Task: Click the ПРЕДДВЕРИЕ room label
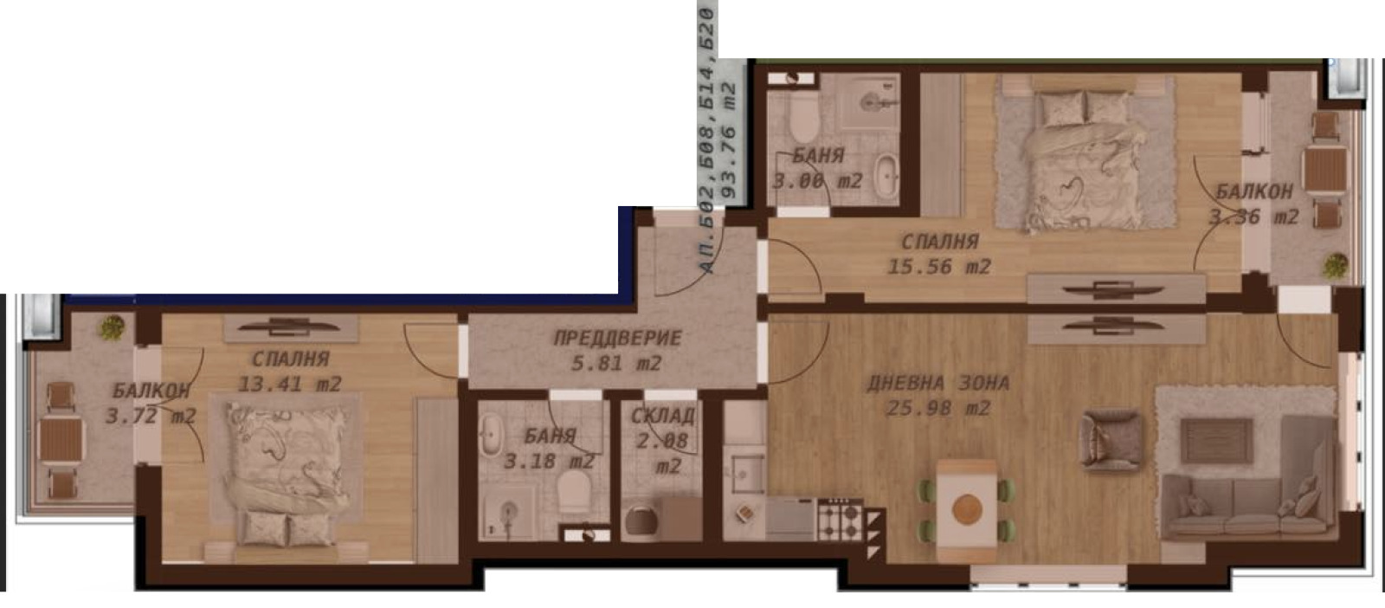pos(617,339)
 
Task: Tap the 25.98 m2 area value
pos(938,408)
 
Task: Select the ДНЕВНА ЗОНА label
pos(938,384)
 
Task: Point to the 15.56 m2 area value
pos(939,267)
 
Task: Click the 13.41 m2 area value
pos(289,384)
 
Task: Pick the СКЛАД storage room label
pos(663,417)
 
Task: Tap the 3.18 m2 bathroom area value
pos(550,462)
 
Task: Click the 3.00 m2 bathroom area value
pos(817,181)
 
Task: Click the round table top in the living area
pos(968,509)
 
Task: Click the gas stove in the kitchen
pos(840,520)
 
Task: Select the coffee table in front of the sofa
pos(1216,440)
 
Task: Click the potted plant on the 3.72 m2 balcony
pos(112,327)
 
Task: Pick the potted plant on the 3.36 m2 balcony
pos(1336,266)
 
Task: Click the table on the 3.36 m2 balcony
pos(1325,168)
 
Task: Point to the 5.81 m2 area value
pos(616,363)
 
